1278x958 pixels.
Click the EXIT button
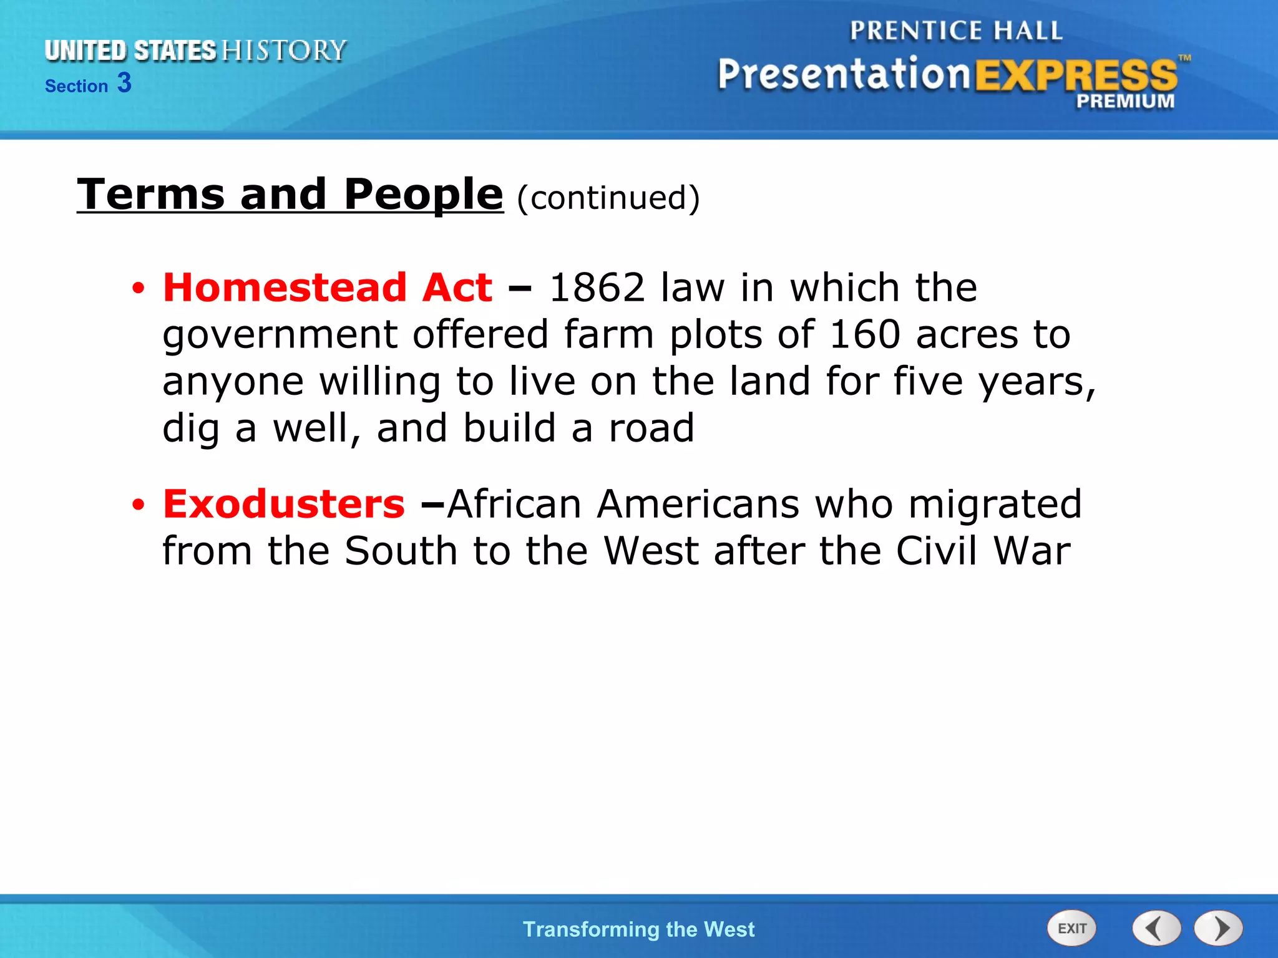pos(1071,929)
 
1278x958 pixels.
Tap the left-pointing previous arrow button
pos(1156,929)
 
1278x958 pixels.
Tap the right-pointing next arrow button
pos(1219,929)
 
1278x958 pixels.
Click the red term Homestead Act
pos(328,288)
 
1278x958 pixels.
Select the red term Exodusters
pos(284,504)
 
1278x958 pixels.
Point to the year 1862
pos(597,288)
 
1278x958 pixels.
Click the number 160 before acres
pos(864,335)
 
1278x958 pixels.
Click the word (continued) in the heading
pos(608,198)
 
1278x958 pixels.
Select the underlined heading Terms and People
pos(290,194)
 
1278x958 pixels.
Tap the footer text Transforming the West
pos(638,929)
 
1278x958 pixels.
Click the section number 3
pos(124,83)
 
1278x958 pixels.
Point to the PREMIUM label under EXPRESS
pos(1124,101)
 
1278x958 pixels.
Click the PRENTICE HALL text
pos(956,31)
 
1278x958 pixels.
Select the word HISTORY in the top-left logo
pos(284,51)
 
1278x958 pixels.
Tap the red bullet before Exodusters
pos(138,505)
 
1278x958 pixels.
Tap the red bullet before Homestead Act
pos(138,289)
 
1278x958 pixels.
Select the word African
pos(515,504)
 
